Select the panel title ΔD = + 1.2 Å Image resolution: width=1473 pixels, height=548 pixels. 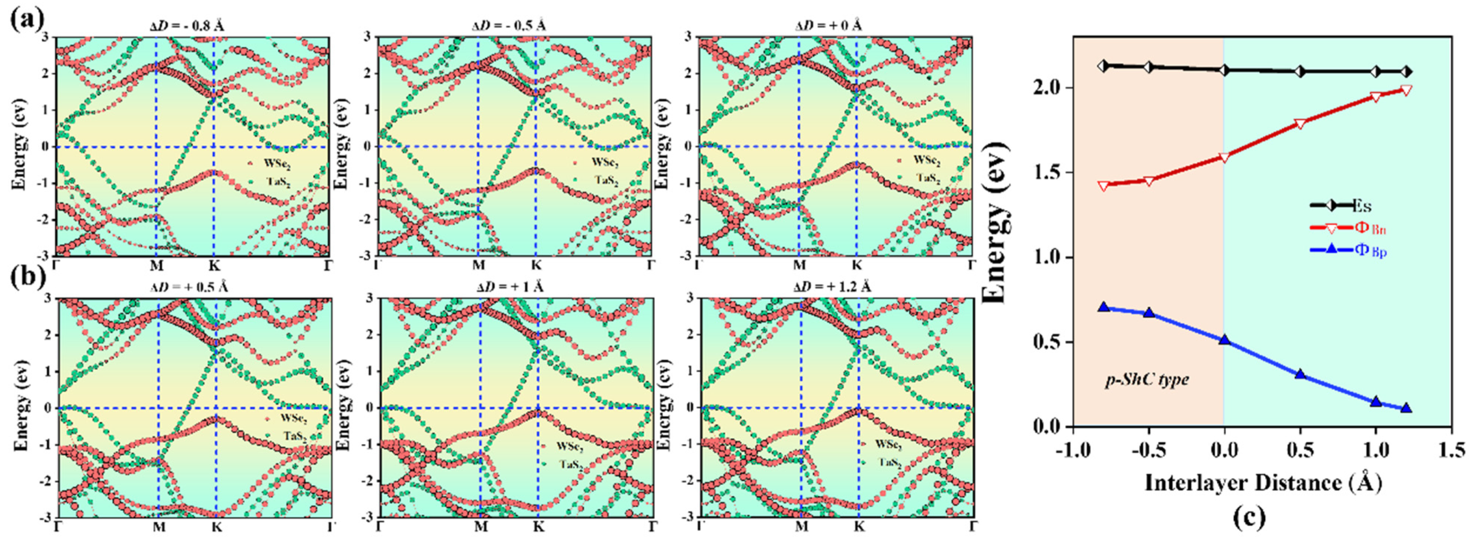click(x=832, y=287)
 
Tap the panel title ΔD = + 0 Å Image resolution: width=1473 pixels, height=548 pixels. click(x=829, y=26)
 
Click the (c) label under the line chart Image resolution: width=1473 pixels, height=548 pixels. click(x=1249, y=517)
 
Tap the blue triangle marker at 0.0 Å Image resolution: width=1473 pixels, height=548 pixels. click(x=1224, y=339)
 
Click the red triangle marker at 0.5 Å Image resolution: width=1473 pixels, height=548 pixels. click(x=1300, y=124)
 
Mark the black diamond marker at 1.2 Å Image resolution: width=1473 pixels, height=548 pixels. click(x=1407, y=72)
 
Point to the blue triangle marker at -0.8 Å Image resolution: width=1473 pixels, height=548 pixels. click(x=1104, y=307)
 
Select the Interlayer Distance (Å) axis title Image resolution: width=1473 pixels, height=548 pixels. click(x=1262, y=483)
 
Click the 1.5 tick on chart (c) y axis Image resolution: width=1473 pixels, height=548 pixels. click(x=1050, y=173)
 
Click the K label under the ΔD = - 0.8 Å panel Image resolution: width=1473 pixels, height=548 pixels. click(x=214, y=266)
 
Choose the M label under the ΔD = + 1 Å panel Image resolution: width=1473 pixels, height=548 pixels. click(x=481, y=526)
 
